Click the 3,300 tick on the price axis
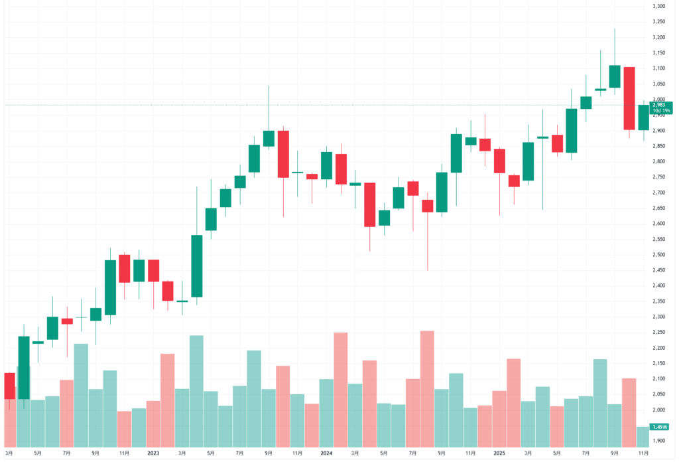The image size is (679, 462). (x=659, y=6)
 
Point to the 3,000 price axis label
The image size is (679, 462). (x=659, y=100)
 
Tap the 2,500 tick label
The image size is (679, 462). (x=659, y=255)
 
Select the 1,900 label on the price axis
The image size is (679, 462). (x=659, y=441)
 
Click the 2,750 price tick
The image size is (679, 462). (x=659, y=177)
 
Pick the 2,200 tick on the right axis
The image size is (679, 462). (x=659, y=348)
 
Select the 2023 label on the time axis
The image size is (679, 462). (x=153, y=453)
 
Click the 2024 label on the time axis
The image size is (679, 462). (x=326, y=453)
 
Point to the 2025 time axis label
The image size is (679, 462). (x=499, y=453)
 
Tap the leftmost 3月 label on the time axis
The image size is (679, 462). (x=9, y=453)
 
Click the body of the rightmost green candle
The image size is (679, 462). (x=643, y=117)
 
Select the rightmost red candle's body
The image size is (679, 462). (x=629, y=98)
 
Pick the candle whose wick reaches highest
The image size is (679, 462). (x=615, y=76)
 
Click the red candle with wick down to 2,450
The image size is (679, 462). (x=428, y=206)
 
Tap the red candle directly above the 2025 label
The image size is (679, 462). (x=499, y=161)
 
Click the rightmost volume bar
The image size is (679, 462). (x=643, y=436)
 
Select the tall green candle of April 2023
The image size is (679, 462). (x=197, y=266)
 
